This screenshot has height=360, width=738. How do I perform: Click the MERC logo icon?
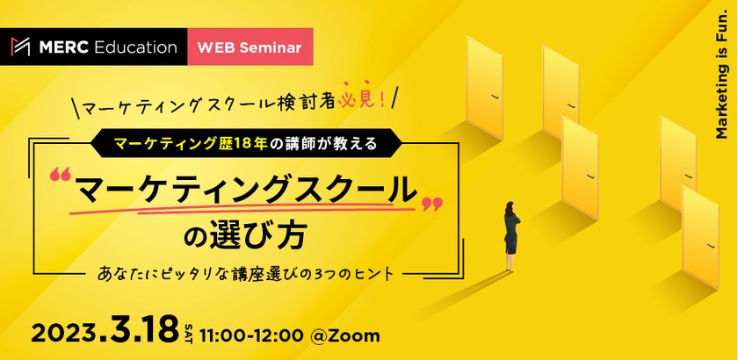(x=20, y=47)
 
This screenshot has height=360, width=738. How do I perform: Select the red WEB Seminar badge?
(x=250, y=47)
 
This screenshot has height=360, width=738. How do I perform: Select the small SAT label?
(x=189, y=334)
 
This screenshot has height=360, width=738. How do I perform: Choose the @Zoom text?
(x=345, y=335)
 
